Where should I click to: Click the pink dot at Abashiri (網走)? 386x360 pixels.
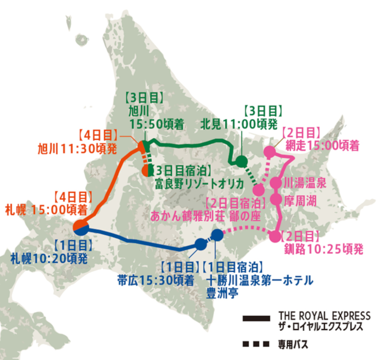(x=270, y=152)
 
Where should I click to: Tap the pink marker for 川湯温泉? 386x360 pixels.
(x=276, y=183)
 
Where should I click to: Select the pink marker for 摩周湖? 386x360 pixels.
(x=276, y=199)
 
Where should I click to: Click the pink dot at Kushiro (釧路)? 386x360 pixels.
(x=275, y=236)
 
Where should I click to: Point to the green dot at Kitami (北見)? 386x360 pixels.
(x=241, y=161)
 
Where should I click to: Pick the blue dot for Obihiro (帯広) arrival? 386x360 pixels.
(x=200, y=244)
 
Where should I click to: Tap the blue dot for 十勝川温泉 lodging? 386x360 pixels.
(x=217, y=235)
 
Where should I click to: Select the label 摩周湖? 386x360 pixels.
(x=299, y=200)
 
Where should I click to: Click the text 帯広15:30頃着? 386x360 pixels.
(x=155, y=280)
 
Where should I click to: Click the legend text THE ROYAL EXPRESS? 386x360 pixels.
(x=325, y=316)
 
